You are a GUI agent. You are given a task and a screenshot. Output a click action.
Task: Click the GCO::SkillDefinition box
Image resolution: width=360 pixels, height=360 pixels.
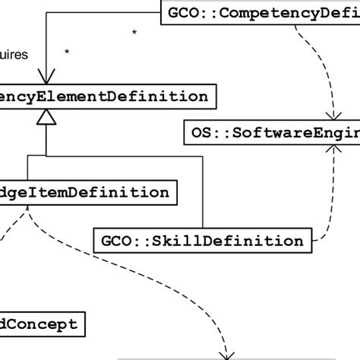coord(202,241)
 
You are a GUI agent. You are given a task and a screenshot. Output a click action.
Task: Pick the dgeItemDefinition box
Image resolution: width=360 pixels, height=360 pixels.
coord(87,192)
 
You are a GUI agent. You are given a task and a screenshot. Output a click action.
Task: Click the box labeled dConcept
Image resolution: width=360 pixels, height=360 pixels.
coord(42,324)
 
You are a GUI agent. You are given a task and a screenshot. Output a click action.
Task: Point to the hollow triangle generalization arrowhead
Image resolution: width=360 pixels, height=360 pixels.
coord(47,117)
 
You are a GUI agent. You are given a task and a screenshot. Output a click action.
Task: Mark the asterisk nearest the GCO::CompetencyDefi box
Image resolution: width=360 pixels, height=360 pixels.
coord(134,33)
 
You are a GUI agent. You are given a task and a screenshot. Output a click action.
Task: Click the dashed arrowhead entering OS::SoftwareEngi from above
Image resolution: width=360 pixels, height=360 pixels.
coord(332,115)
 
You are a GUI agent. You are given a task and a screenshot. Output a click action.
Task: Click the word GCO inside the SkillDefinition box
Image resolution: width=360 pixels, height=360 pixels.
coord(115,241)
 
